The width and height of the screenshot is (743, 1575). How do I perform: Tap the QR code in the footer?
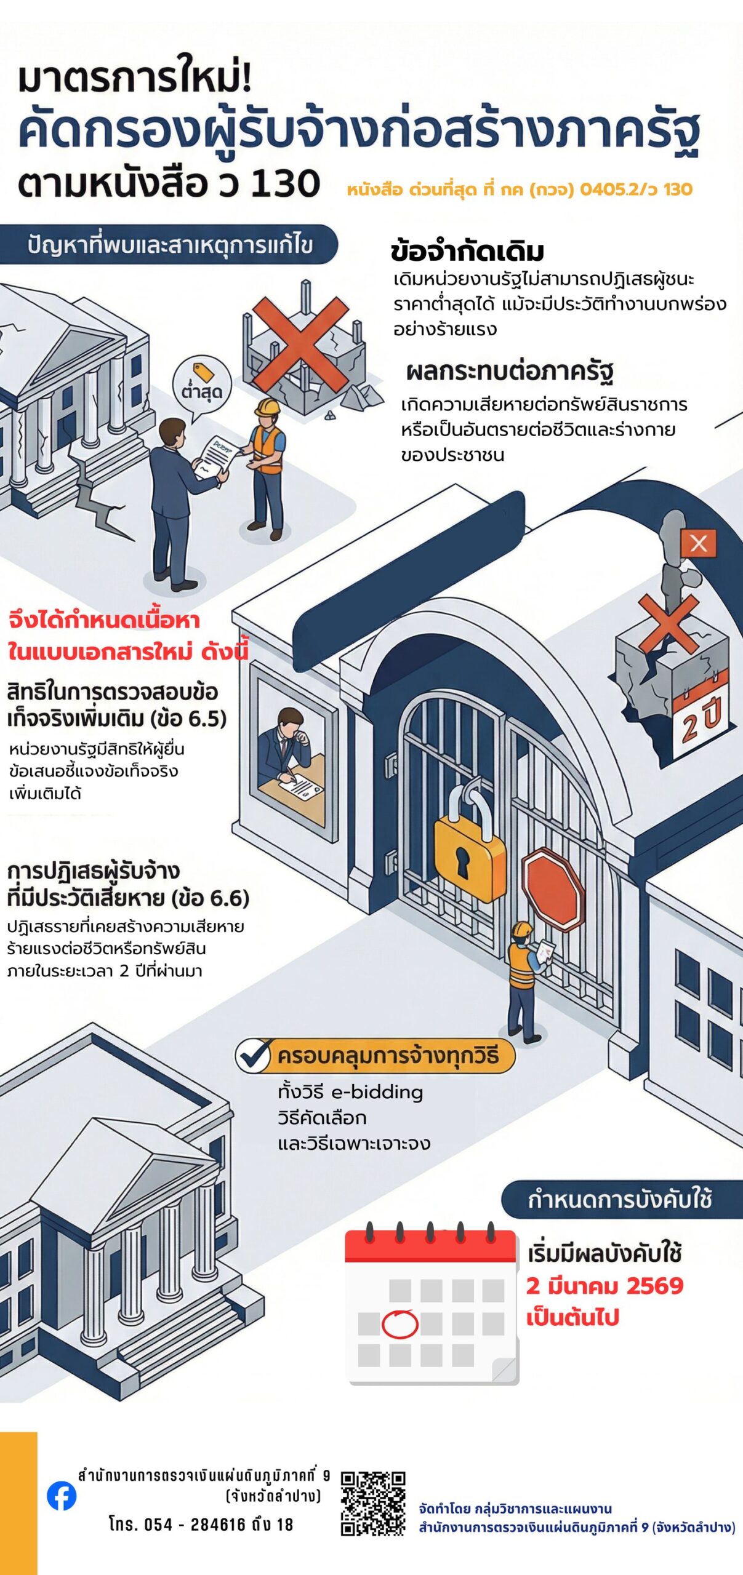click(x=373, y=1503)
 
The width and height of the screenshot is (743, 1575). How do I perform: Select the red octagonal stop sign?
click(x=553, y=889)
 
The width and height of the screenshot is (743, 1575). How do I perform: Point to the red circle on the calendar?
click(x=400, y=1325)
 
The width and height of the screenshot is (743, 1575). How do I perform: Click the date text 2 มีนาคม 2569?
click(x=604, y=1286)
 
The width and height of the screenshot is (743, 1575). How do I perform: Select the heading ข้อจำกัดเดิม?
click(x=467, y=252)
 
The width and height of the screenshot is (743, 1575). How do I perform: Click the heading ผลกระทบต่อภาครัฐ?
click(x=510, y=372)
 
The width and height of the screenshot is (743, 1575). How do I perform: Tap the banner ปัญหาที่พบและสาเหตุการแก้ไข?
click(x=169, y=245)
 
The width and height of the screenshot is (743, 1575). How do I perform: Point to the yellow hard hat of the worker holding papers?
click(x=268, y=407)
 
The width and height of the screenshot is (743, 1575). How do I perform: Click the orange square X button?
click(x=698, y=543)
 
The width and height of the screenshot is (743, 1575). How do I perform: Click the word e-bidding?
click(x=377, y=1093)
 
